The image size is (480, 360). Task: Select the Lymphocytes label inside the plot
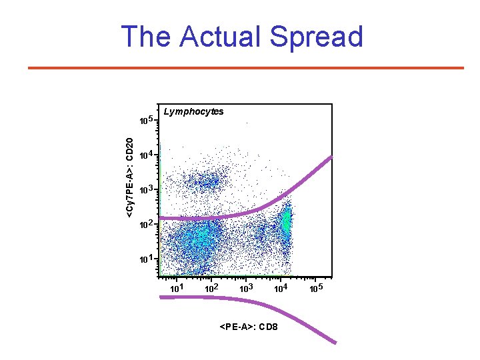coord(193,111)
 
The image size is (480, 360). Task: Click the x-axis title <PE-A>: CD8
coord(249,327)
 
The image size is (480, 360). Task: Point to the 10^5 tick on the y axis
coord(146,121)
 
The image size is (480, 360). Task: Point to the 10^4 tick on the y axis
coord(146,155)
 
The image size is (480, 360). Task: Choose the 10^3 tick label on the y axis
coord(146,189)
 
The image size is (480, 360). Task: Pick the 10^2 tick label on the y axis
coord(146,224)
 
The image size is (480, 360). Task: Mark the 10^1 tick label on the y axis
coord(146,258)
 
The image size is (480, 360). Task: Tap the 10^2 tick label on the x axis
coord(211,288)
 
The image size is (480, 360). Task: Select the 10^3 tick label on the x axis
coord(247,288)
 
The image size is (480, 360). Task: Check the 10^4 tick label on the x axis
coord(281,288)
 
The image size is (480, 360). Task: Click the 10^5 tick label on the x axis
coord(317,288)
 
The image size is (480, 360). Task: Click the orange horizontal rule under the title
coord(245,68)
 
